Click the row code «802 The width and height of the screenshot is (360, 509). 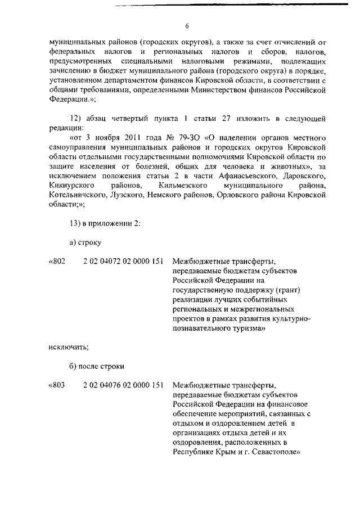tap(58, 262)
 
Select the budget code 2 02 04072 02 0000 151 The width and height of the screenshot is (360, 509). tap(123, 262)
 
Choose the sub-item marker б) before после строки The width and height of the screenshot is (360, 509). tap(73, 366)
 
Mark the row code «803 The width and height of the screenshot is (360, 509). tap(58, 386)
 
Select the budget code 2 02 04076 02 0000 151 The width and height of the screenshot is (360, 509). tap(123, 386)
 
